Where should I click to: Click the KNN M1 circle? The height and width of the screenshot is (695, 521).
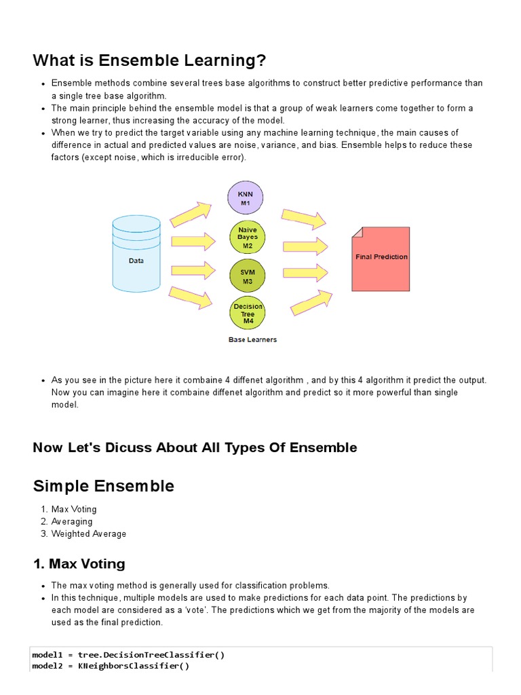point(246,198)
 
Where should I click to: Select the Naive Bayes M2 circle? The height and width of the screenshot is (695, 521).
point(247,238)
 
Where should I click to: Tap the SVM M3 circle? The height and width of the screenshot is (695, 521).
point(247,276)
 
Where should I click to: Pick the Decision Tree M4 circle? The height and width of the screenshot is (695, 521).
point(248,314)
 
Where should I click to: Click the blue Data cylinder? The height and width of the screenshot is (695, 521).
point(136,251)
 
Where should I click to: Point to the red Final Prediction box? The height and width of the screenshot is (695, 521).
point(381,259)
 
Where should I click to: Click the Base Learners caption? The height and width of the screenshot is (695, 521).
point(252,340)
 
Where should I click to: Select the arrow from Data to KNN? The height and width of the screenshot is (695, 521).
point(191,214)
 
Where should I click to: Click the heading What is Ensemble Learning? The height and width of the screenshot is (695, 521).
point(149,60)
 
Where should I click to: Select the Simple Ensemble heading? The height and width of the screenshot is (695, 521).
point(103,486)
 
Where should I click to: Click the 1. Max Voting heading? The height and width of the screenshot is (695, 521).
point(79,564)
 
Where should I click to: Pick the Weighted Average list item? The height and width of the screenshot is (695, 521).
point(89,533)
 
